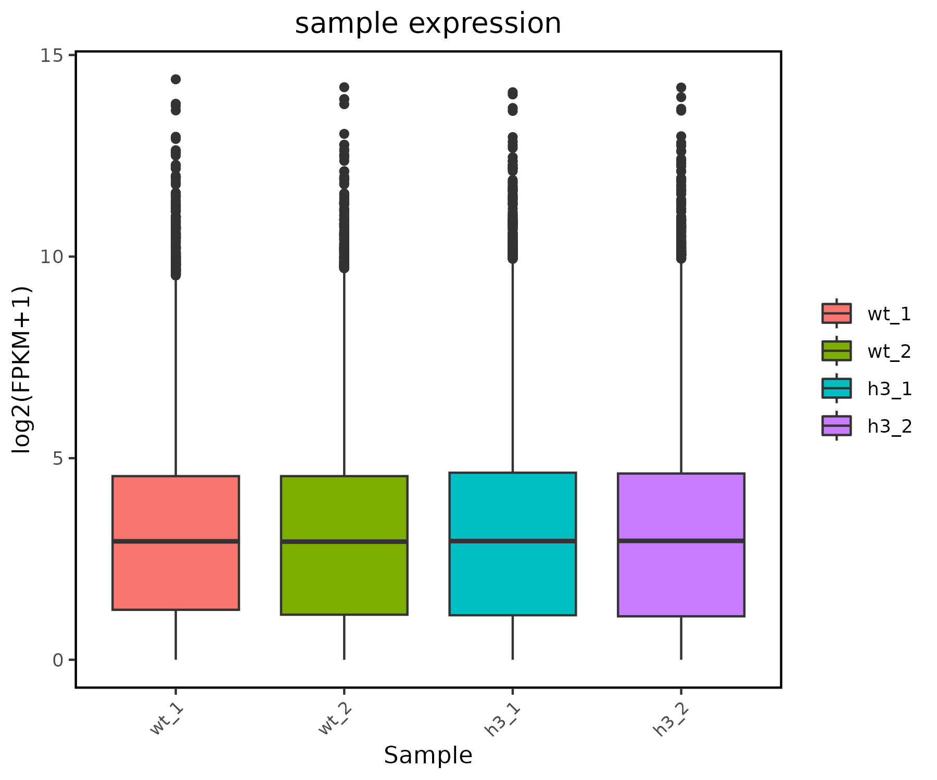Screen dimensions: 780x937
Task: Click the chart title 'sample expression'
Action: tap(428, 24)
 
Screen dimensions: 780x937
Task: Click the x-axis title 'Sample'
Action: tap(428, 755)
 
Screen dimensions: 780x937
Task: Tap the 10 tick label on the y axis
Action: tap(51, 257)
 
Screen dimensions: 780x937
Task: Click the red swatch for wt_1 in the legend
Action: tap(837, 314)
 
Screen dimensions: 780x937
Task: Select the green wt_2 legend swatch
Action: tap(837, 351)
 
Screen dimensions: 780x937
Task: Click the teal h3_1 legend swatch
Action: tap(837, 388)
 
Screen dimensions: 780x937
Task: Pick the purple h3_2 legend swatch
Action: tap(837, 426)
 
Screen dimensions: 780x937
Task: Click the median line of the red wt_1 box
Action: tap(176, 541)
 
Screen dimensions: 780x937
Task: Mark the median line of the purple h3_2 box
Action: tap(681, 541)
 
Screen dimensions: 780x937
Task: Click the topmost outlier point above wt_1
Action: tap(176, 79)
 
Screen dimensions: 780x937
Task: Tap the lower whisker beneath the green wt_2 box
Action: tap(344, 637)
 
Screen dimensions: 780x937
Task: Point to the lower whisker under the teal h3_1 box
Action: tap(513, 638)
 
